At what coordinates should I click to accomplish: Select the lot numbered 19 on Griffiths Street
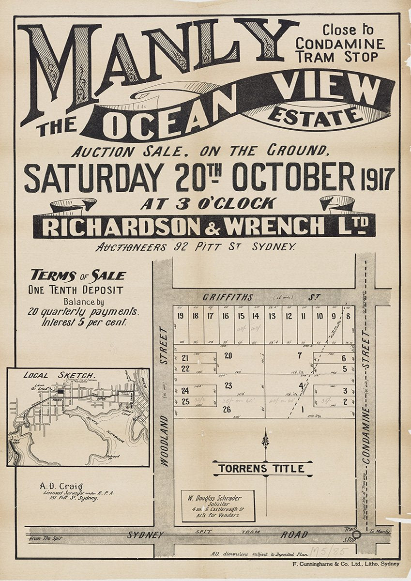point(180,316)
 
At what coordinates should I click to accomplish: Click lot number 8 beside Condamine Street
point(348,316)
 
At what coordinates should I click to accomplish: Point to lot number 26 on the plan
point(226,410)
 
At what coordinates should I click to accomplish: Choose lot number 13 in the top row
point(272,316)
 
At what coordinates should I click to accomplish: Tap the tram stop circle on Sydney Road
point(356,535)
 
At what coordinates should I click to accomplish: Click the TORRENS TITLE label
point(261,469)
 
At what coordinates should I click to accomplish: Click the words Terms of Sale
point(78,276)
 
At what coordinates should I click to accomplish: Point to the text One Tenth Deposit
point(75,290)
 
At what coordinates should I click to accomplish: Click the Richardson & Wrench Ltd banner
point(204,226)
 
